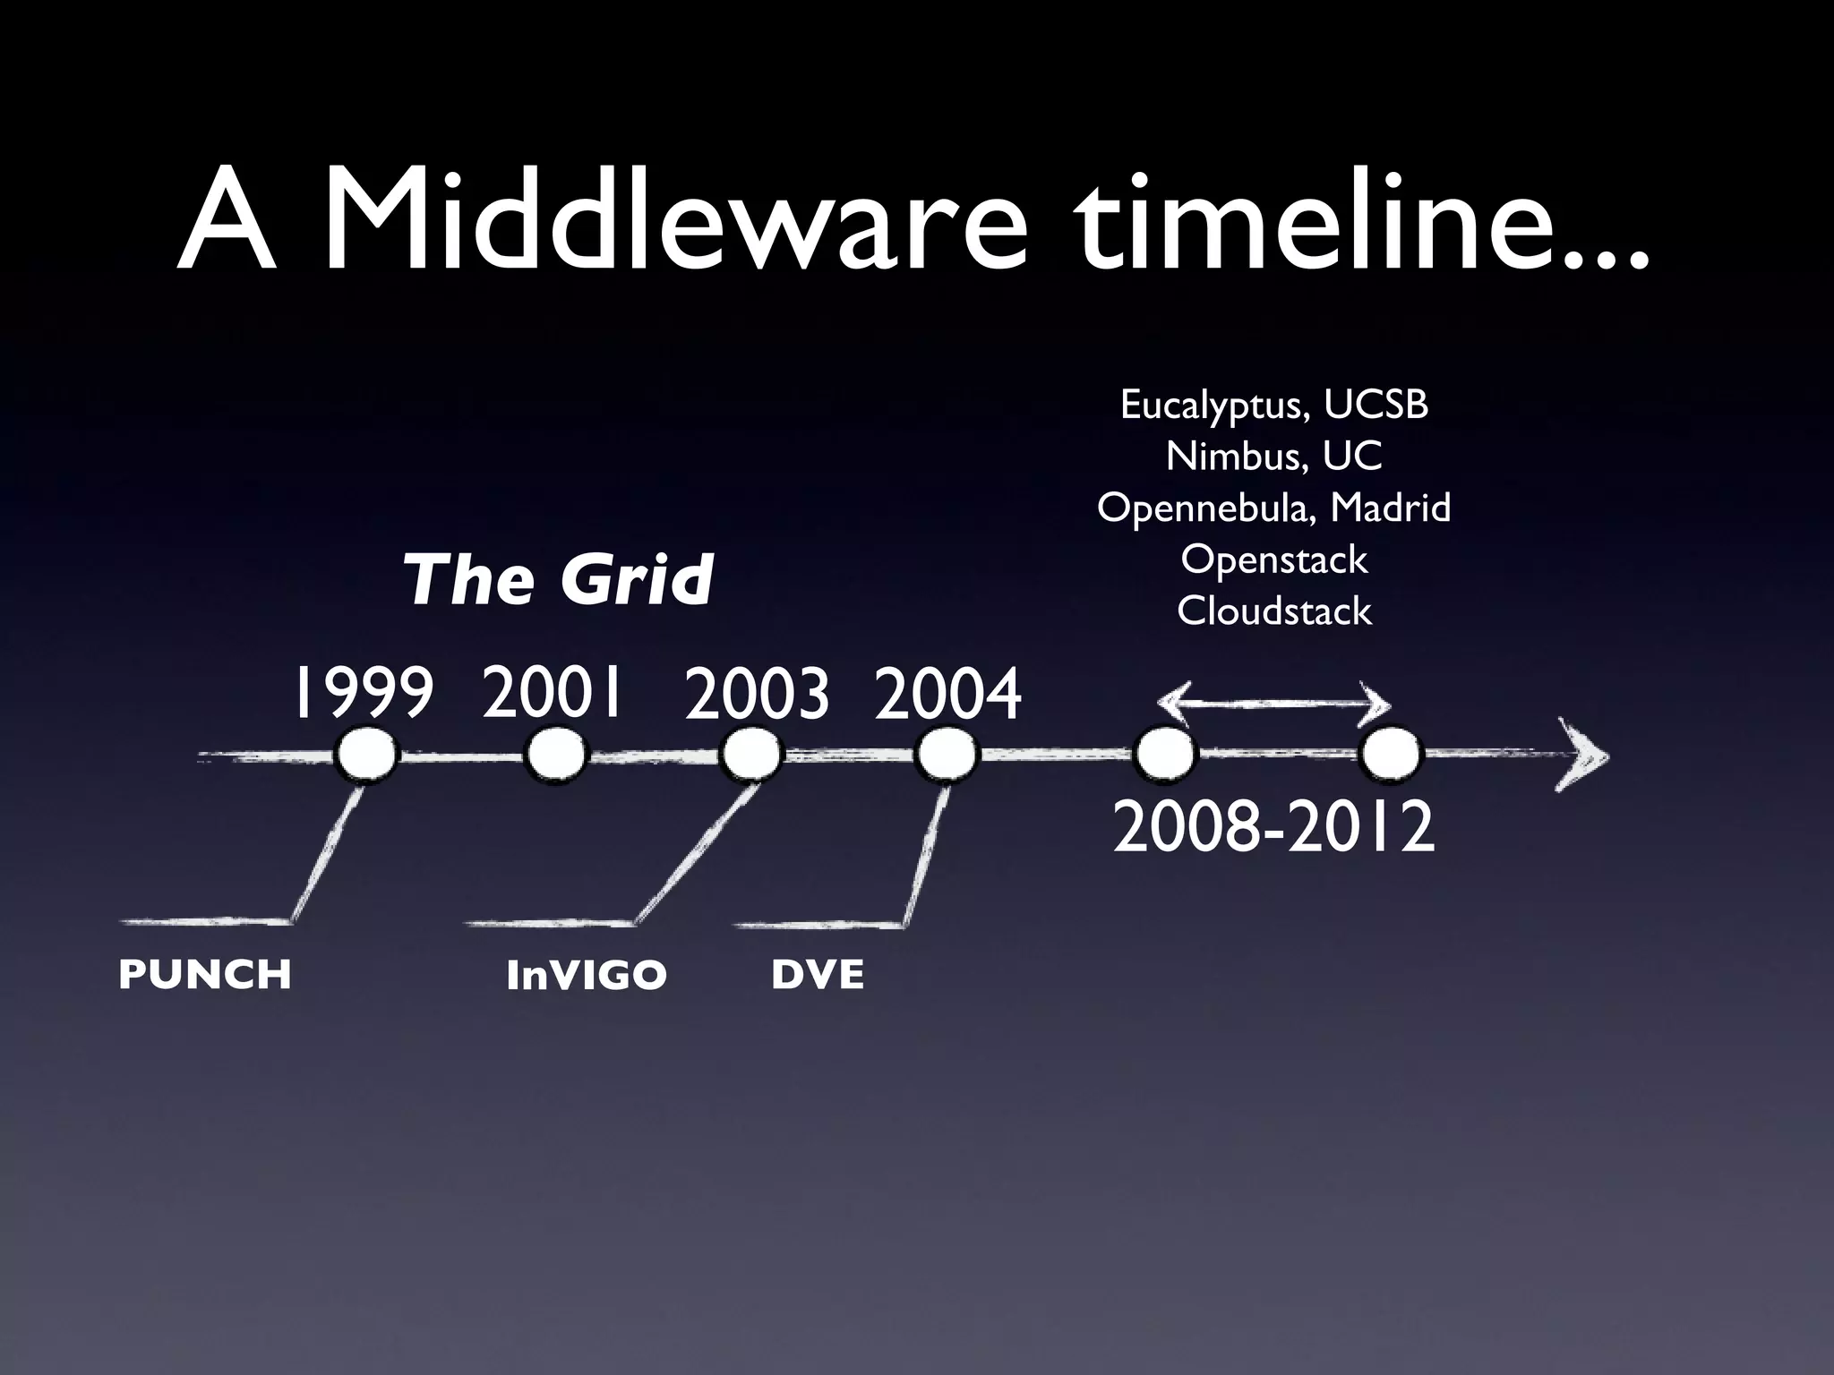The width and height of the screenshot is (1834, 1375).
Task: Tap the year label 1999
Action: [x=363, y=694]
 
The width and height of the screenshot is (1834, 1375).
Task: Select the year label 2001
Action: [x=552, y=692]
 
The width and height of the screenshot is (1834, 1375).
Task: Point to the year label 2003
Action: [x=757, y=695]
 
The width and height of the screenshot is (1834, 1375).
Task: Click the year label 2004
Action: [x=947, y=695]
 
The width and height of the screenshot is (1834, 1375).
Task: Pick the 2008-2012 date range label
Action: [x=1273, y=828]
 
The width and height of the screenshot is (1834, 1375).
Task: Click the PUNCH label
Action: [x=205, y=975]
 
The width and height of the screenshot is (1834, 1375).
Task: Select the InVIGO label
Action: [x=587, y=975]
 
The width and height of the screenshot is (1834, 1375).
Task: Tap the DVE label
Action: [x=818, y=975]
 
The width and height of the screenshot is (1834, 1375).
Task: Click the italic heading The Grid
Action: [x=558, y=579]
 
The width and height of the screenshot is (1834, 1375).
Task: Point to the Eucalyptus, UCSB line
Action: [x=1273, y=406]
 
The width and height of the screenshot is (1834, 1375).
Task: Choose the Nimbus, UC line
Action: [x=1273, y=457]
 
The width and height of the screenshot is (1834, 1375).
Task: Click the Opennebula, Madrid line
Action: [x=1273, y=508]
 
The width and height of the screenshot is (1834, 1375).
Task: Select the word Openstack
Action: [x=1273, y=559]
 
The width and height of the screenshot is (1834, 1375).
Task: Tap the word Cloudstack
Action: [x=1273, y=611]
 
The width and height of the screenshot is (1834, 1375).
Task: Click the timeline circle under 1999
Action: [x=364, y=756]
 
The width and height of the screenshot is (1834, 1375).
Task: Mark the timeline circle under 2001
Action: [x=555, y=756]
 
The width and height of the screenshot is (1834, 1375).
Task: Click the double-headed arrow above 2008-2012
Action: [x=1273, y=704]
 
